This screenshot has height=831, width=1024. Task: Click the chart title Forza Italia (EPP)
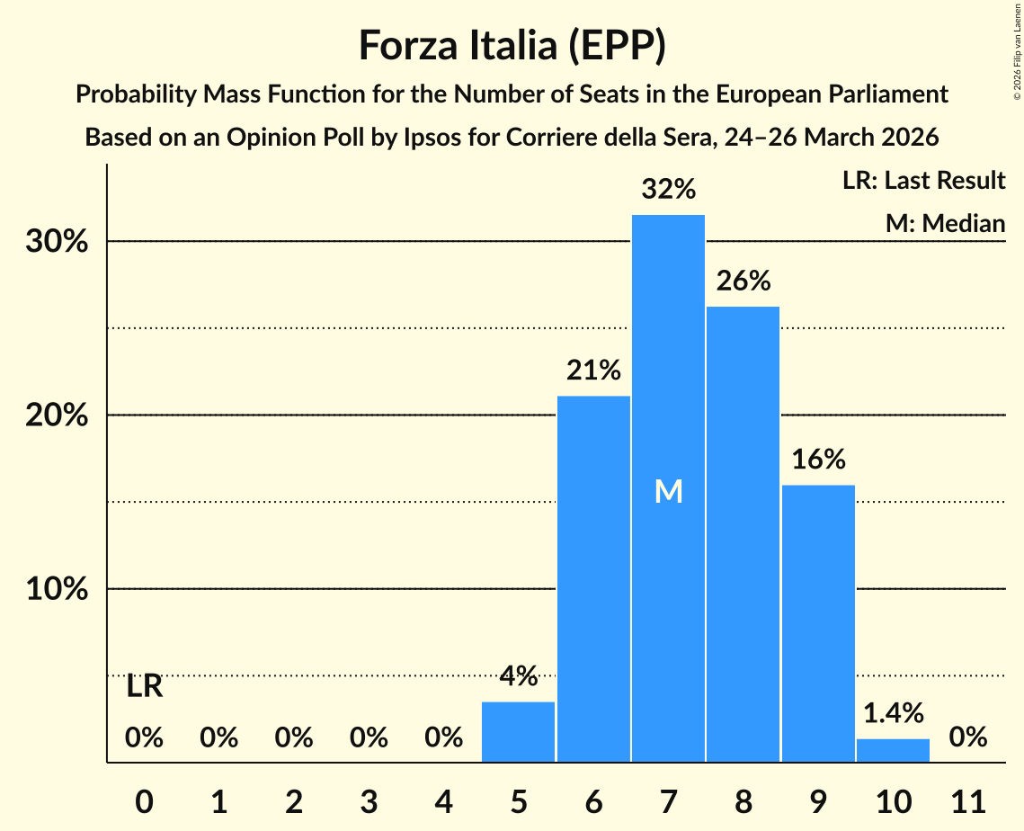pos(512,45)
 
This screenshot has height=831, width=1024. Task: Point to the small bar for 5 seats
pos(519,732)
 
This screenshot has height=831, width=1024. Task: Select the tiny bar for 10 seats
pos(893,750)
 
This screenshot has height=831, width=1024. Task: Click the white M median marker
pos(668,491)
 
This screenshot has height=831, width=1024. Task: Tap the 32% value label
pos(668,190)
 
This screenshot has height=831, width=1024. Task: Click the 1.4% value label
pos(893,713)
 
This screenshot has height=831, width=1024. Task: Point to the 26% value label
pos(743,281)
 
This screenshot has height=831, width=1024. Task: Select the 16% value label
pos(818,460)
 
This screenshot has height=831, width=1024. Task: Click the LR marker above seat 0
pos(144,687)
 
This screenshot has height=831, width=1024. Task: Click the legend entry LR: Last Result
pos(923,181)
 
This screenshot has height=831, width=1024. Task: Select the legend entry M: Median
pos(945,223)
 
